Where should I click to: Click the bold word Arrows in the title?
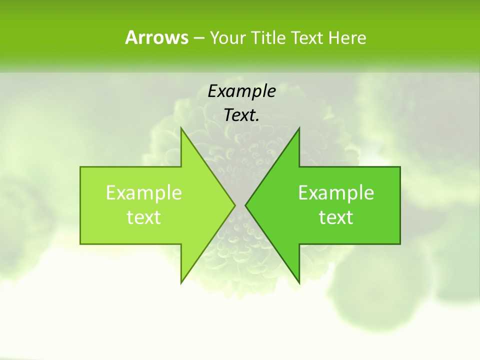coord(156,37)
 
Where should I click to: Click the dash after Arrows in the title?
coord(198,38)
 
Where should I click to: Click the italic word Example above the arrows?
coord(241,91)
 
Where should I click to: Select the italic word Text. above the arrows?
coord(241,115)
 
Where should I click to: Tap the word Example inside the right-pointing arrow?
coord(144,193)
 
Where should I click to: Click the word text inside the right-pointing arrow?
coord(144,217)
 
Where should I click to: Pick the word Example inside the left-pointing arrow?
coord(336,193)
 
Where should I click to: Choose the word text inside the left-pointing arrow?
coord(336,217)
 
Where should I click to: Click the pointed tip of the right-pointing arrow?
coord(234,205)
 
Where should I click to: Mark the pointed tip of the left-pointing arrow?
coord(246,205)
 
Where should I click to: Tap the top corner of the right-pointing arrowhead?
coord(181,129)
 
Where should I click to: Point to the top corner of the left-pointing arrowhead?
coord(299,129)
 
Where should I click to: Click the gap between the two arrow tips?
coord(240,205)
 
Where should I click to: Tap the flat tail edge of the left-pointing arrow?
coord(400,205)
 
